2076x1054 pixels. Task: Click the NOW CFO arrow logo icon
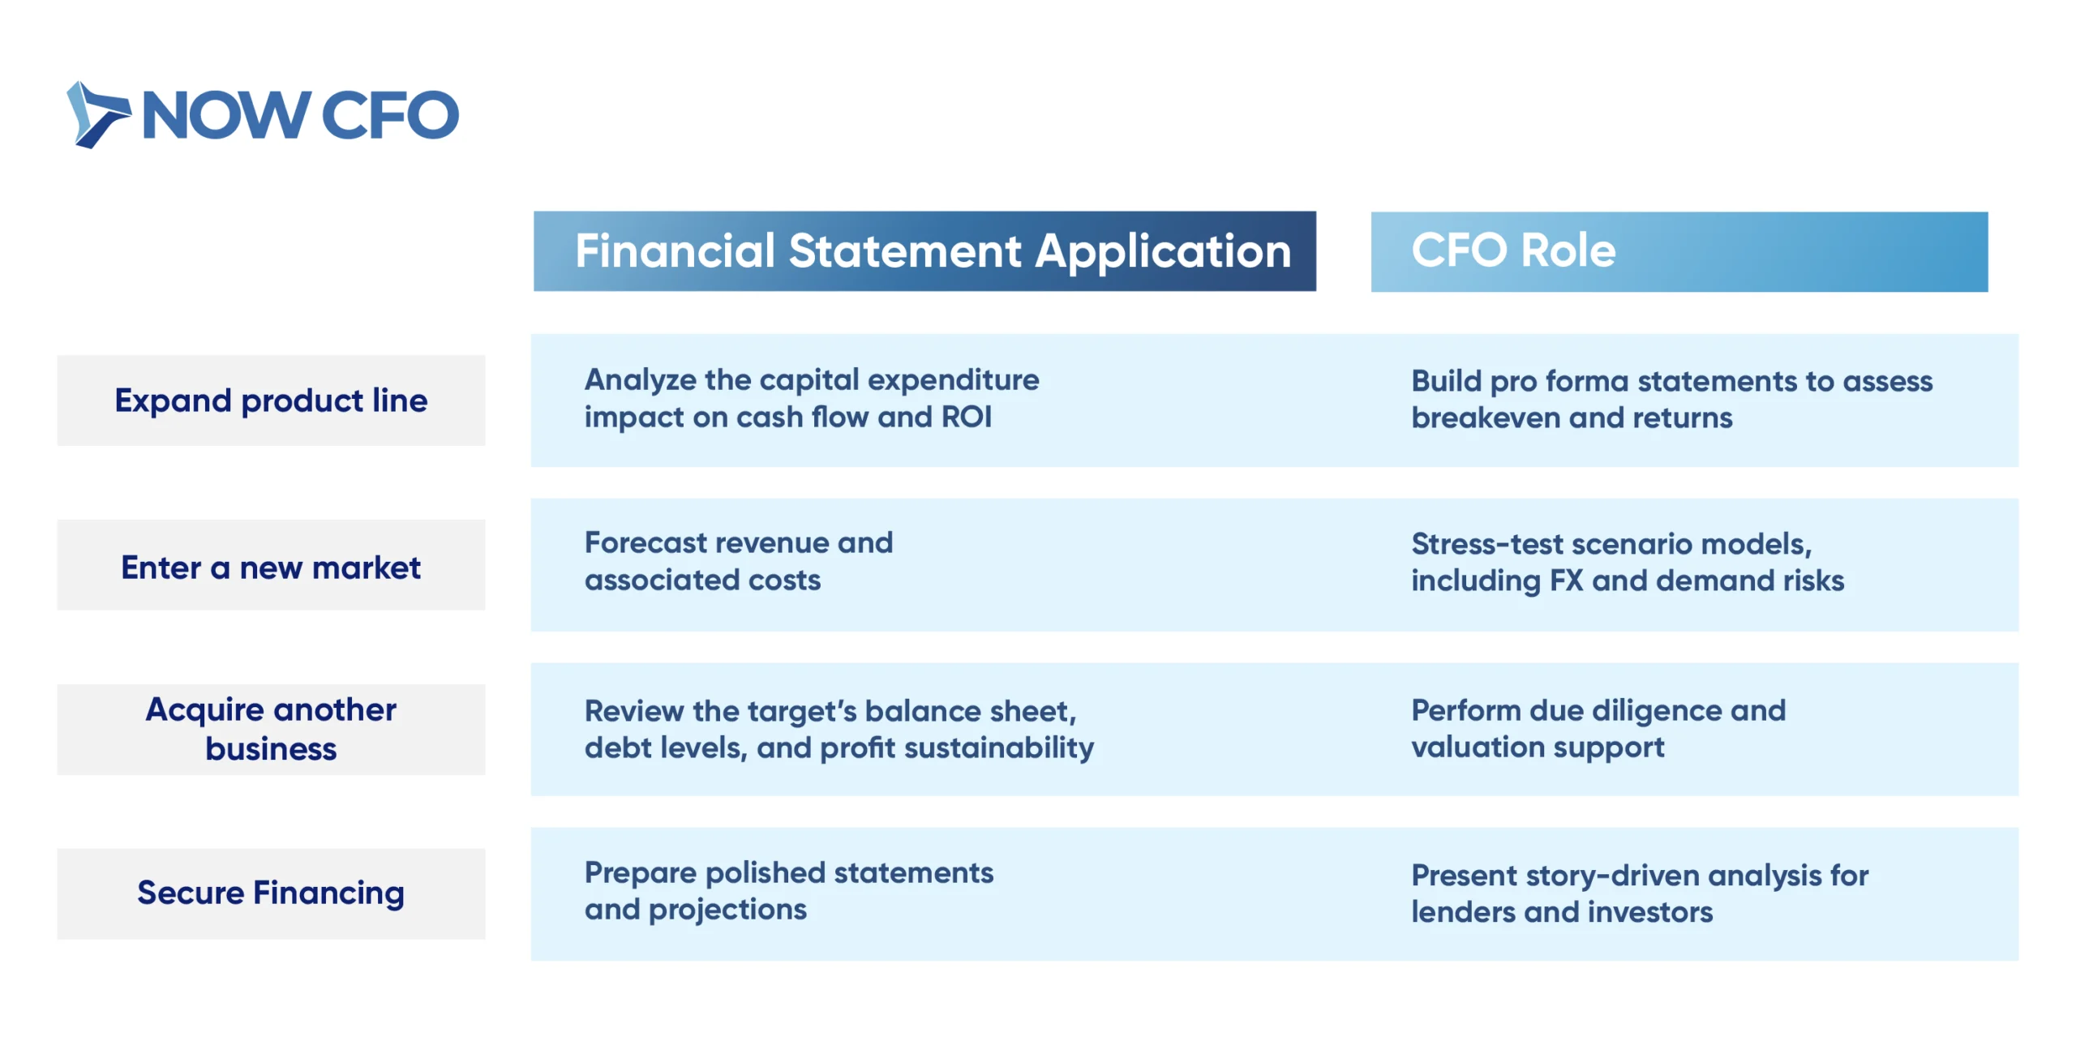[97, 114]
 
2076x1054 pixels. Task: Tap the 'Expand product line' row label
[271, 401]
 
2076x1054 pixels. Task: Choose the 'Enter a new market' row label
[271, 567]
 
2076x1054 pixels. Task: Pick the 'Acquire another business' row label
[271, 729]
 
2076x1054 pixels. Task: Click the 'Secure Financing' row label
[271, 893]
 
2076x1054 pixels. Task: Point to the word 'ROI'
[967, 417]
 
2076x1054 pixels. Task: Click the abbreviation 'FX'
[1566, 581]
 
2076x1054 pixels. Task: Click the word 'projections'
[727, 910]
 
